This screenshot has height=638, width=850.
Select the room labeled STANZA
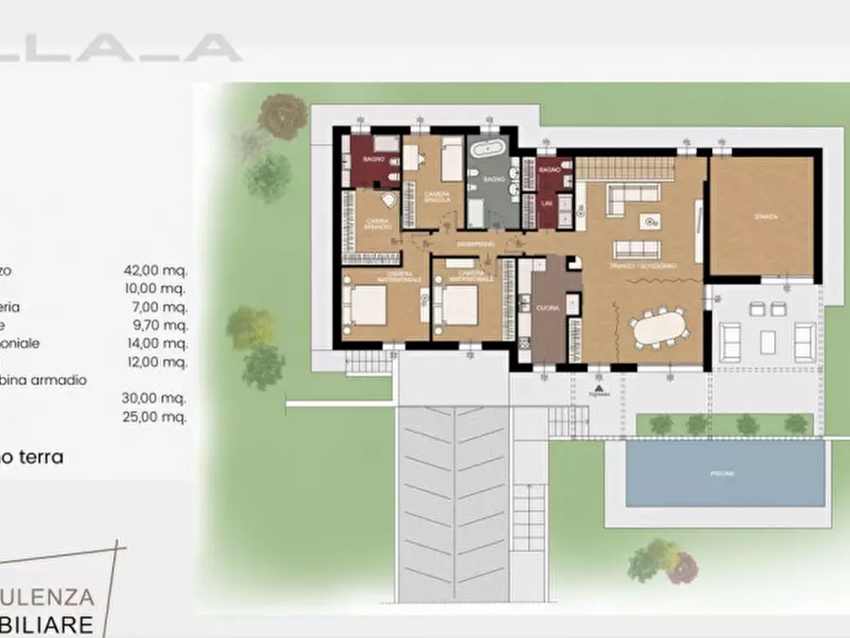coord(764,217)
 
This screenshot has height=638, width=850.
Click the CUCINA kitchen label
coord(547,308)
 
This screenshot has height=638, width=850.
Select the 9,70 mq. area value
coord(161,325)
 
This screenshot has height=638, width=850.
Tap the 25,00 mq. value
coord(161,416)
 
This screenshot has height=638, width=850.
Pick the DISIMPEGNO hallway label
coord(475,245)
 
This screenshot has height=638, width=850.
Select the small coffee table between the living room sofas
coord(650,222)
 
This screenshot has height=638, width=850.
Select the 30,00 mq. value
coord(161,398)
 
